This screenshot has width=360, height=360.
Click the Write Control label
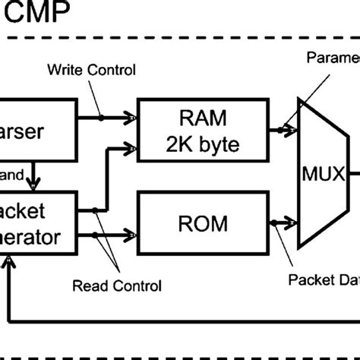92,71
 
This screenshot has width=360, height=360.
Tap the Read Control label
116,286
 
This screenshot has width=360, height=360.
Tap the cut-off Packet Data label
322,278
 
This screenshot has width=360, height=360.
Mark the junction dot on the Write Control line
102,118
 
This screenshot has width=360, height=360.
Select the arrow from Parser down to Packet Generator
31,180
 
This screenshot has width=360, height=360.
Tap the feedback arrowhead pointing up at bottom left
8,262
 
